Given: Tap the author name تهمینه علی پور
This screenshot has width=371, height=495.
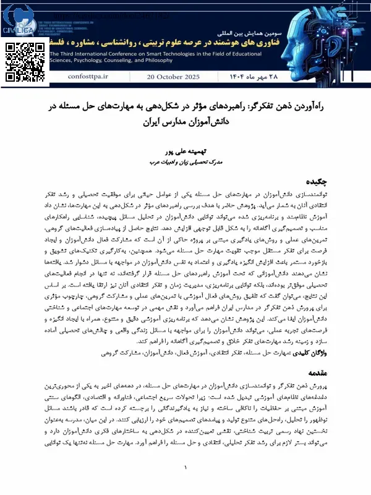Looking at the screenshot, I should (185, 150).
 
